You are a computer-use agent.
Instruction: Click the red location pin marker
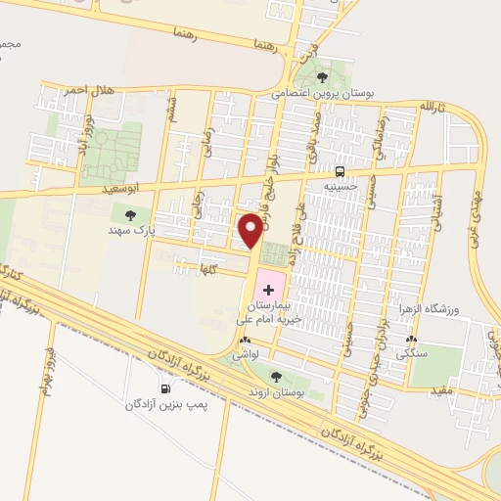(x=251, y=231)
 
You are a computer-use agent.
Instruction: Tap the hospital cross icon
(x=269, y=291)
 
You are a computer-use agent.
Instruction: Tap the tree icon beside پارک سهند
(x=129, y=214)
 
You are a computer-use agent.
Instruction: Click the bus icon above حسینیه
(x=340, y=167)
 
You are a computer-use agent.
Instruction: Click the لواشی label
(x=246, y=358)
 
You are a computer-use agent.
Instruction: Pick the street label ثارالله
(x=433, y=105)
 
